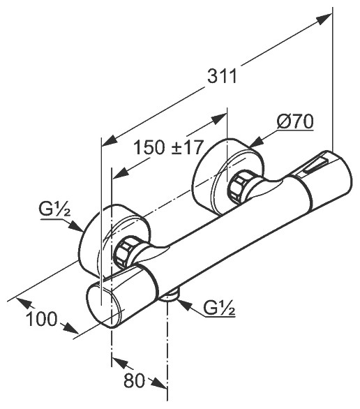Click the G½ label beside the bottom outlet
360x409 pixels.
[x=219, y=308]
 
